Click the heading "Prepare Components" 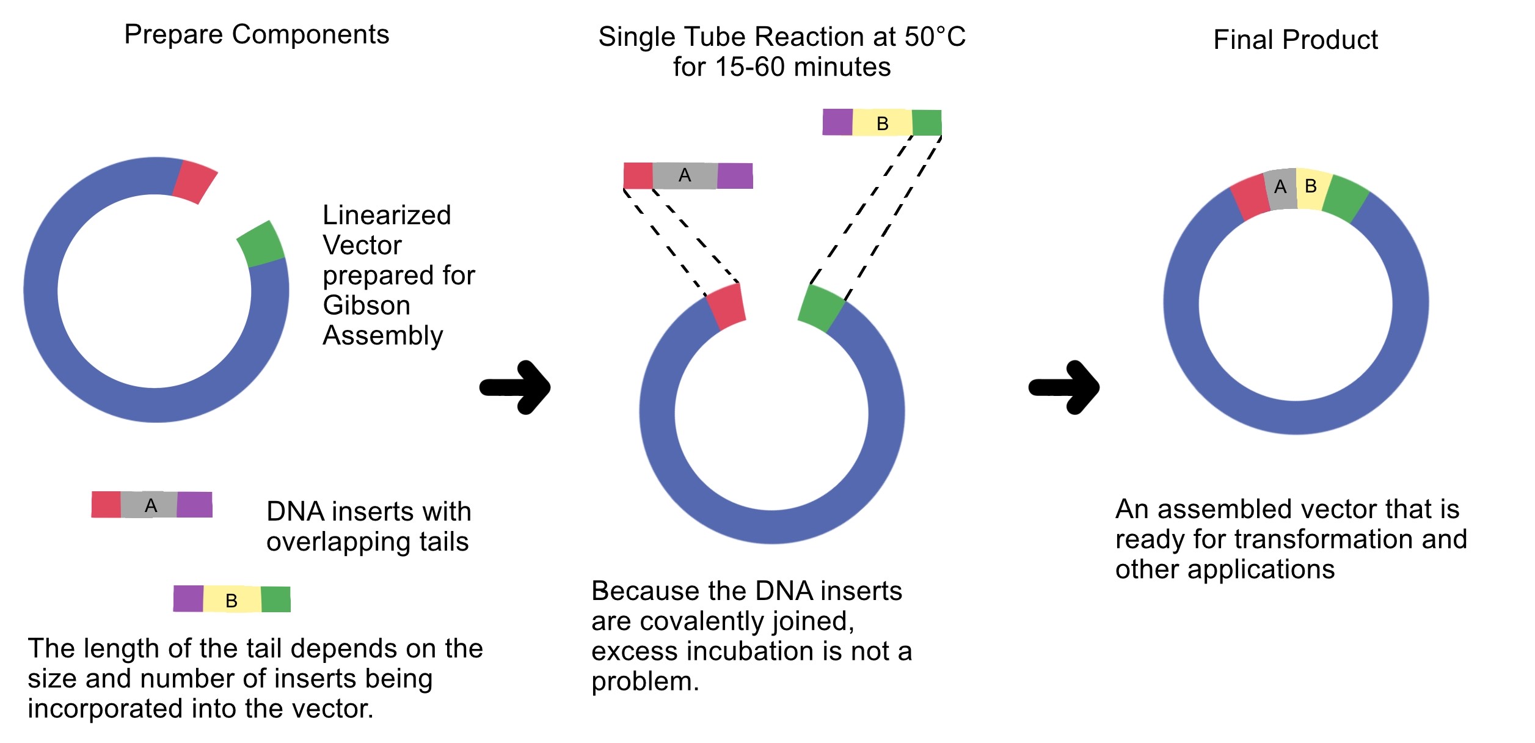(x=257, y=34)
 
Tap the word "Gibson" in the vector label (x=366, y=305)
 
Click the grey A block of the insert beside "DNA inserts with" (x=150, y=505)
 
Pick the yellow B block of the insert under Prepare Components (x=232, y=599)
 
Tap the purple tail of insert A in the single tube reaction (x=735, y=176)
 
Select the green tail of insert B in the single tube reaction (x=927, y=123)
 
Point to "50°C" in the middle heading (x=935, y=37)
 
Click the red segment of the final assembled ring (x=1249, y=198)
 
